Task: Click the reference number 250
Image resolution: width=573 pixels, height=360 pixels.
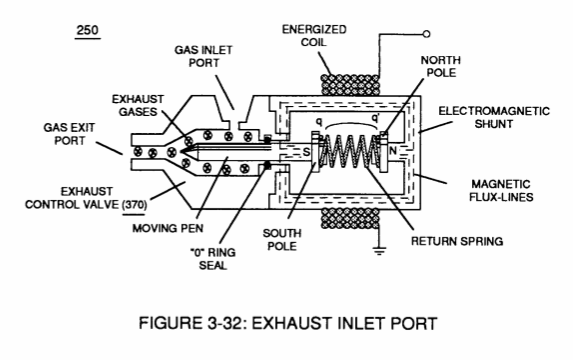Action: pos(87,30)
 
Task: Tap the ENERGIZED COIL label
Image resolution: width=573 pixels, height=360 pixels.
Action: pos(314,35)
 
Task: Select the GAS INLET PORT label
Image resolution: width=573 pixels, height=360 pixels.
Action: pos(203,56)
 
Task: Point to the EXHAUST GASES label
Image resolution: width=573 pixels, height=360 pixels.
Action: pos(138,105)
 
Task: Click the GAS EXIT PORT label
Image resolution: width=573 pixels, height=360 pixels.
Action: pos(69,134)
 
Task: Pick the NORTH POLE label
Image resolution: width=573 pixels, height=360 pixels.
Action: pos(441,66)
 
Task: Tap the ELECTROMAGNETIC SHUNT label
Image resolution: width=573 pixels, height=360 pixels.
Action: pos(494,117)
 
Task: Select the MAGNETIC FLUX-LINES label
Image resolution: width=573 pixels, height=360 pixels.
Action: pos(501,190)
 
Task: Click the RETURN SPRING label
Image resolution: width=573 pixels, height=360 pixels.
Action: pos(457,241)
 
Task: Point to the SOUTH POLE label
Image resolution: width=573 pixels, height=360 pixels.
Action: pos(282,239)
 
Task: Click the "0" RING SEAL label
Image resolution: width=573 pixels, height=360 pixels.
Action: pos(213,259)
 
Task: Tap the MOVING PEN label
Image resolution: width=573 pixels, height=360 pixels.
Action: pos(168,228)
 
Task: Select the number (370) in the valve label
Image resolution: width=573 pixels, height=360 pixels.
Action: pos(134,204)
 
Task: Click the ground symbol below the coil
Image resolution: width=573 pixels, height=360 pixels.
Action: pos(379,251)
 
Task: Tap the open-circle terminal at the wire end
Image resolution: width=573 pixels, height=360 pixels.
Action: pos(426,34)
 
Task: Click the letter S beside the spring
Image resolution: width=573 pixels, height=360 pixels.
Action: pos(307,152)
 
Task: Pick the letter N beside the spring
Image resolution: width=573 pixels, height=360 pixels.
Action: pos(393,150)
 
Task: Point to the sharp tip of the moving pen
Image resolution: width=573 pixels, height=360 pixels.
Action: pos(180,151)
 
